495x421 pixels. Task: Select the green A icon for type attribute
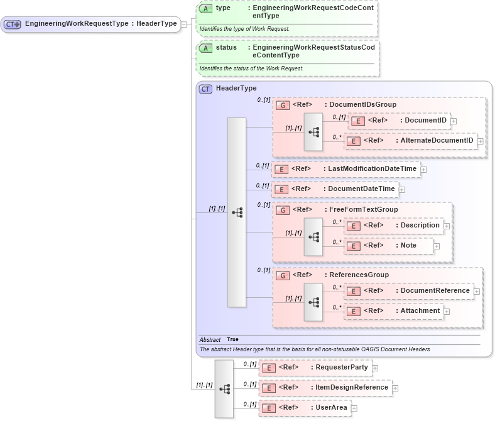pos(205,9)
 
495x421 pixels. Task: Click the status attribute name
pos(226,47)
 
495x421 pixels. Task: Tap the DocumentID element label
pos(425,120)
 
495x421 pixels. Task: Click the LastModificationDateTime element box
pos(346,169)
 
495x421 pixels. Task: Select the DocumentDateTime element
pos(335,189)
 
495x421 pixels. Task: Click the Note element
pos(389,246)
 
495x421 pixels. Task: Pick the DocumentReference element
pos(409,291)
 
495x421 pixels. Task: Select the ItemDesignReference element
pos(325,388)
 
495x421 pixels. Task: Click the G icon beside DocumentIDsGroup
pos(283,105)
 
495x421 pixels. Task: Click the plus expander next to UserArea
pos(354,408)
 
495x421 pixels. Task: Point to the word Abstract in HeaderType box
pos(210,339)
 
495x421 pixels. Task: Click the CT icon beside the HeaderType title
pos(205,89)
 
